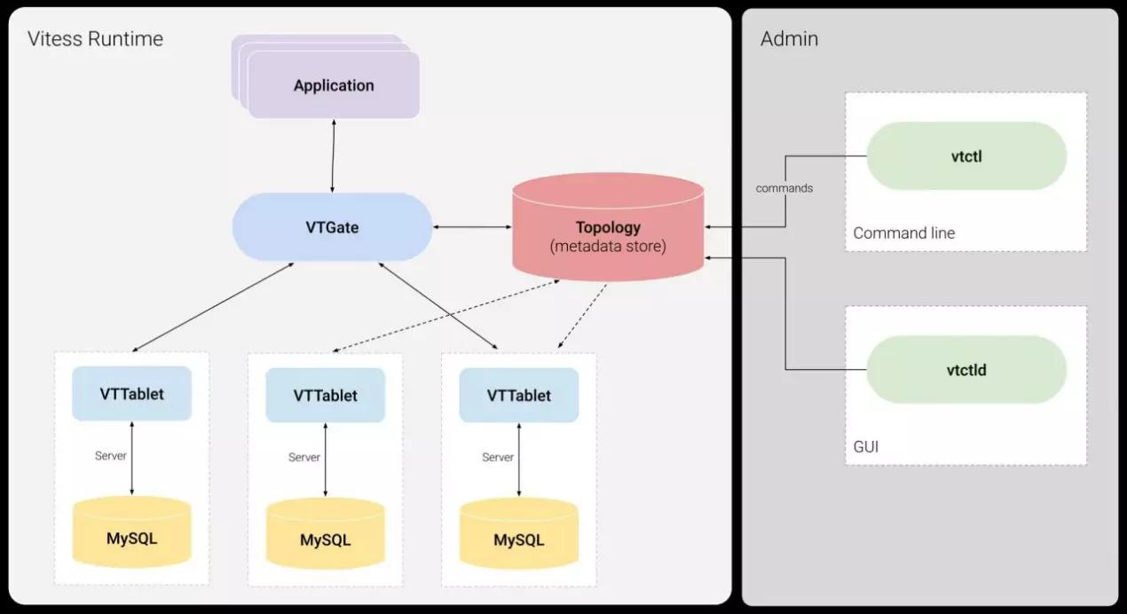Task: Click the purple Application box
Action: pos(334,86)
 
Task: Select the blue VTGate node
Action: pos(332,227)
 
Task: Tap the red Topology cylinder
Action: pos(608,228)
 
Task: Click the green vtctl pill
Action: pos(965,156)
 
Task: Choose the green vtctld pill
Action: pos(965,369)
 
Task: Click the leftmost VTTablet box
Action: pos(131,393)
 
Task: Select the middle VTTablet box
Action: pos(325,396)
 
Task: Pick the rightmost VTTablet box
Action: pos(518,396)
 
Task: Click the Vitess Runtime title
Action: pos(95,39)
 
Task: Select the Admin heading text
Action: pos(789,39)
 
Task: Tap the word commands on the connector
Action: pos(784,188)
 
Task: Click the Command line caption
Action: pos(903,233)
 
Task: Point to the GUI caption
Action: pos(866,446)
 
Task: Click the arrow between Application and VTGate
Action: pos(333,156)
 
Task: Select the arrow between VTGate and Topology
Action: pos(472,228)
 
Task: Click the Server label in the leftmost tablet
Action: pos(111,455)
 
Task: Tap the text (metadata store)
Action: pos(608,246)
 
